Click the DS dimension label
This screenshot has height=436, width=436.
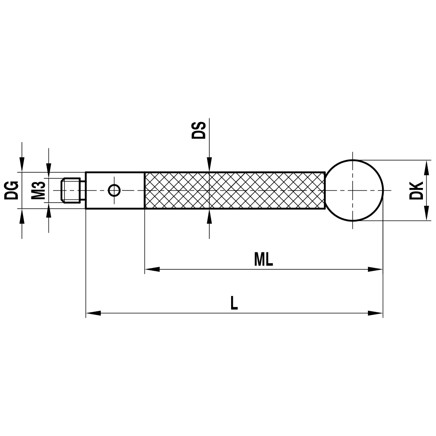pos(198,130)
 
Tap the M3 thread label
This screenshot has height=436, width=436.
pos(39,191)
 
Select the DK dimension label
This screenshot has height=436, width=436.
pos(417,190)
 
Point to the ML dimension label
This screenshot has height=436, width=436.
pos(263,260)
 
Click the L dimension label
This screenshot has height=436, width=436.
pos(234,303)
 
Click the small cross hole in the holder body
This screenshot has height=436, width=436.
pos(114,190)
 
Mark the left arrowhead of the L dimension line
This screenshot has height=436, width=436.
pos(93,313)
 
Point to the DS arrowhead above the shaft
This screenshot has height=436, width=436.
pos(209,166)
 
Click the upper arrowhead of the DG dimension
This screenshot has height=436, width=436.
pos(21,166)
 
